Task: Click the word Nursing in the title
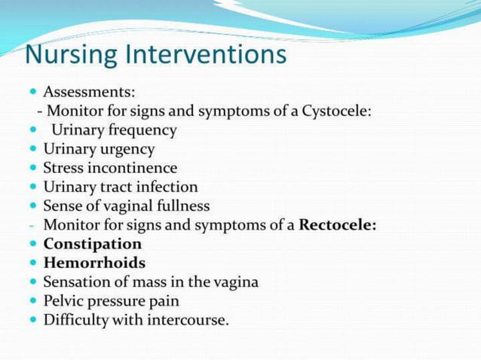[x=72, y=56]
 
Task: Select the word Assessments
[x=89, y=92]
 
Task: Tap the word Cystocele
[x=335, y=111]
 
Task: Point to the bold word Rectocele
[x=337, y=224]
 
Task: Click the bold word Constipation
[x=92, y=244]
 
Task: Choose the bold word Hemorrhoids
[x=94, y=263]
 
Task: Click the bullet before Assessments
[x=34, y=93]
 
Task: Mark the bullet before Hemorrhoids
[x=34, y=264]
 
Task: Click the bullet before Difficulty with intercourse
[x=34, y=320]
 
